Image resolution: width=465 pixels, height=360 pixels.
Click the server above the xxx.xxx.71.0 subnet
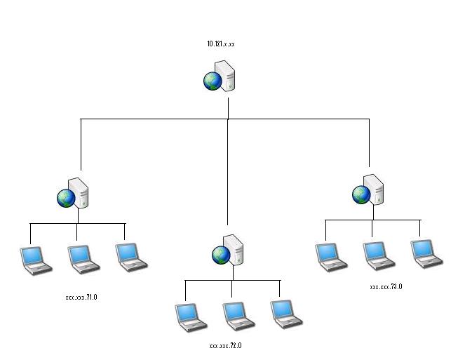click(x=74, y=194)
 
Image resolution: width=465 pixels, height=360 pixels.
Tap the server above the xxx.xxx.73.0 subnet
click(x=370, y=189)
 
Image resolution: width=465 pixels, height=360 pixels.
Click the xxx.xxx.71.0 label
click(x=81, y=298)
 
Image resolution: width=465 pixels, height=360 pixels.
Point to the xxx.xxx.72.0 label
click(x=225, y=346)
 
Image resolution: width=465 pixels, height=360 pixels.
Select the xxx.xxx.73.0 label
click(x=386, y=287)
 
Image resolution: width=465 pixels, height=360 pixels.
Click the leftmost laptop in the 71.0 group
click(x=35, y=259)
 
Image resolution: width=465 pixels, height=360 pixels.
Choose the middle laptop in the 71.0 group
click(x=82, y=258)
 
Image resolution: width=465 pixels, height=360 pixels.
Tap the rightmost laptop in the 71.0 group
click(x=130, y=257)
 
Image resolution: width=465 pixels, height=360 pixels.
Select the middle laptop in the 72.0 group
click(x=238, y=316)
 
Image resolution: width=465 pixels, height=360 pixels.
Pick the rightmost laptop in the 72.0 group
click(x=285, y=314)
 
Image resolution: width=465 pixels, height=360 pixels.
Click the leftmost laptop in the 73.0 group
click(x=331, y=257)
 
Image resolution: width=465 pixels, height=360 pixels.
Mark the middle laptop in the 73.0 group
click(x=378, y=255)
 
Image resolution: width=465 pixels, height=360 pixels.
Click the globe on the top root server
click(x=213, y=81)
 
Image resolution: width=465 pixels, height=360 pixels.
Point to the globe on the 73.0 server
click(x=361, y=194)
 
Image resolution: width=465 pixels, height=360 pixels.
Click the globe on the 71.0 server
click(x=65, y=199)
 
